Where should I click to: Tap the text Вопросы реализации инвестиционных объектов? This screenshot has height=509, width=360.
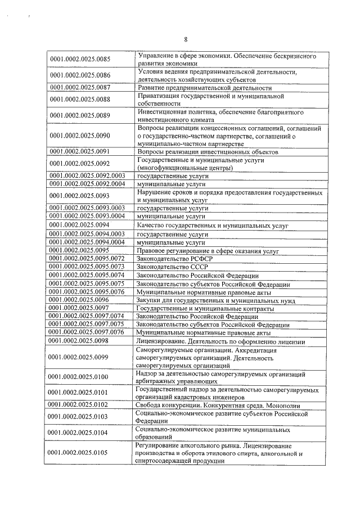208,152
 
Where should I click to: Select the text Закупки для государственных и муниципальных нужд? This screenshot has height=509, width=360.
220,300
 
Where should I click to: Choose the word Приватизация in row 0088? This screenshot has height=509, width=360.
159,96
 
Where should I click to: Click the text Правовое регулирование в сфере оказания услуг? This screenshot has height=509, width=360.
208,250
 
